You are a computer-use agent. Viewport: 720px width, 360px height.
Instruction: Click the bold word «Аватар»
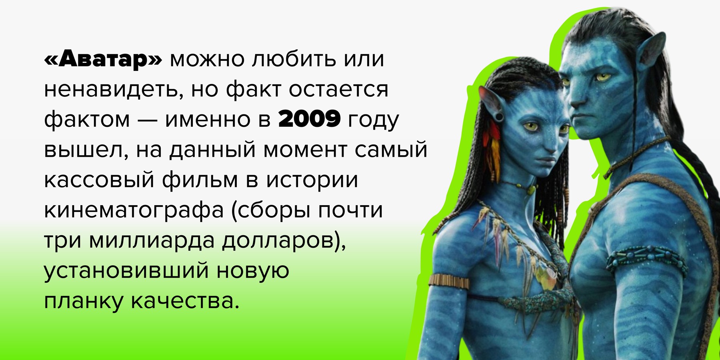click(x=104, y=59)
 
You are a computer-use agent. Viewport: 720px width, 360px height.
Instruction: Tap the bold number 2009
click(x=309, y=119)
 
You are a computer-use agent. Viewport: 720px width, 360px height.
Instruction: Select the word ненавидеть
click(x=111, y=90)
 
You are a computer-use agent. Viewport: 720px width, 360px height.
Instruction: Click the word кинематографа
click(x=133, y=211)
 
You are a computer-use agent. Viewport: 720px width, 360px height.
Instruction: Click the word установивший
click(x=126, y=271)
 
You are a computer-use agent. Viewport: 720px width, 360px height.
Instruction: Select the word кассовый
click(x=99, y=180)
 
